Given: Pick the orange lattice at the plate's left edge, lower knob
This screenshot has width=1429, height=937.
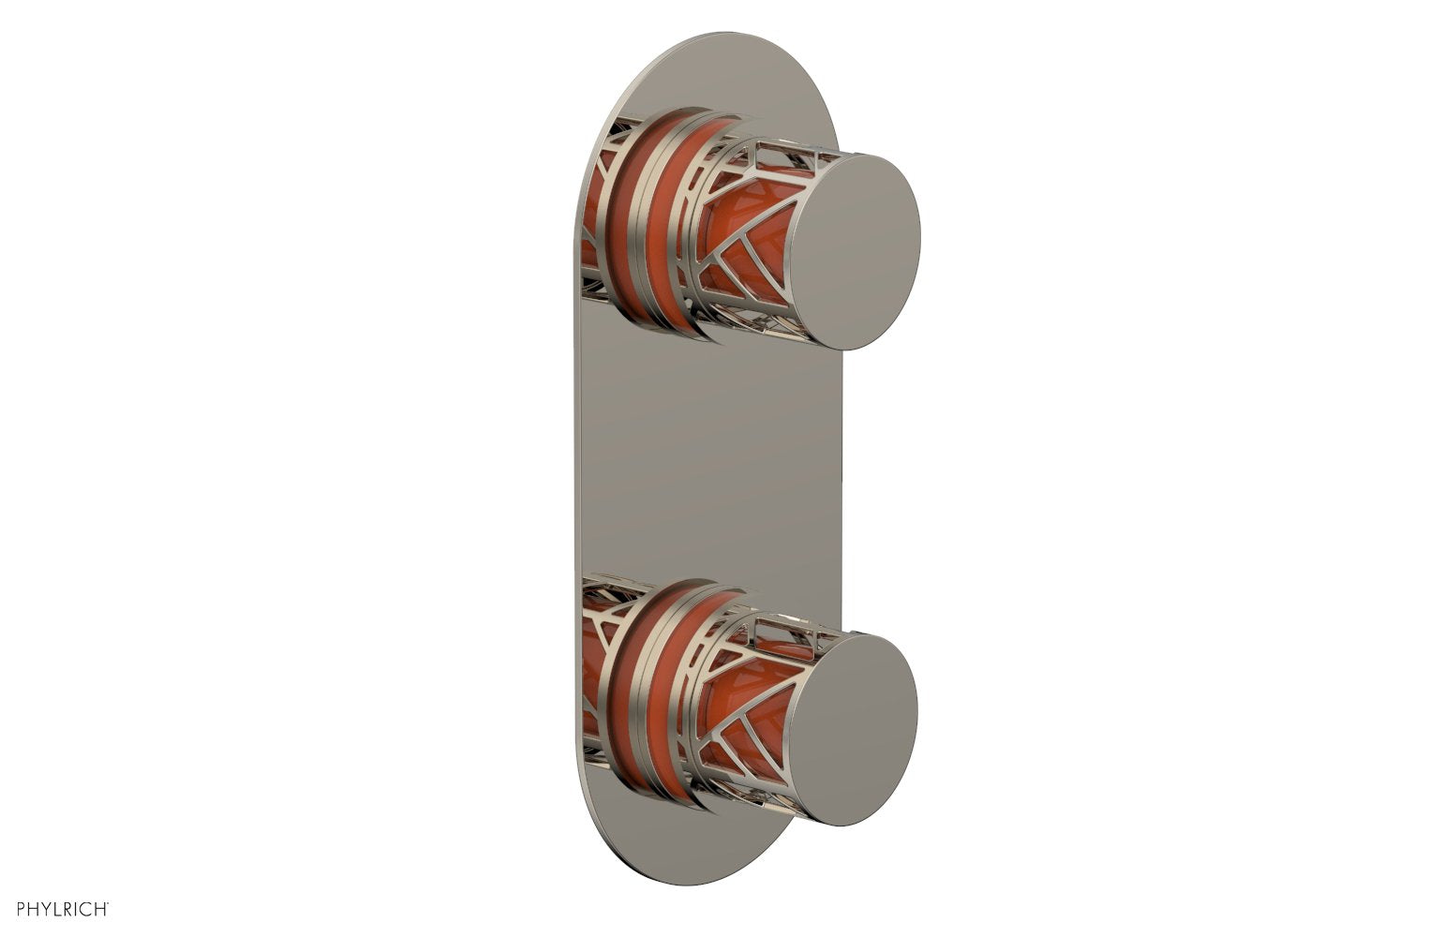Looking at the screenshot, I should click(x=590, y=675).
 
